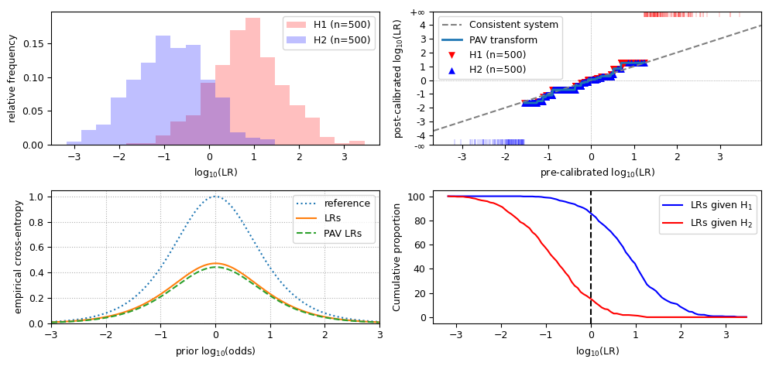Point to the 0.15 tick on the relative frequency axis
coord(37,44)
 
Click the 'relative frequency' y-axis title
coord(12,78)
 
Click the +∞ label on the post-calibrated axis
coord(417,12)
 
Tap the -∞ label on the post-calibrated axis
coord(417,145)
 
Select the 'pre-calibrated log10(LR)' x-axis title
coord(597,173)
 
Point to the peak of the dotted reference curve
coord(215,197)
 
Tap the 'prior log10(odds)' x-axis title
coord(215,351)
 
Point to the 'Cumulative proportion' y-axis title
coord(397,257)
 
